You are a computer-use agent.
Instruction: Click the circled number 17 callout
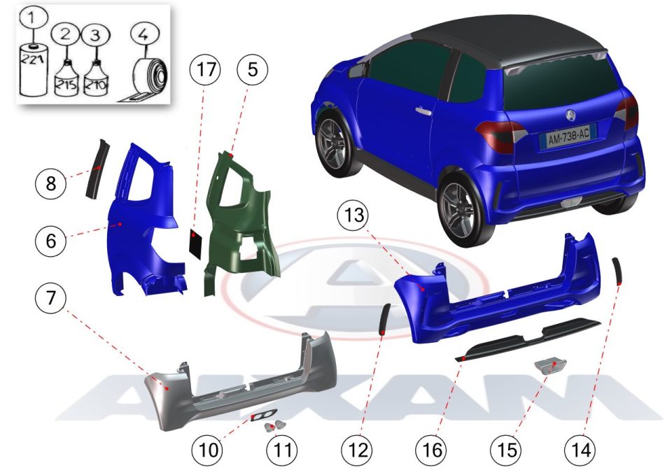206,69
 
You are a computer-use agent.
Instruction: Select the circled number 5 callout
253,69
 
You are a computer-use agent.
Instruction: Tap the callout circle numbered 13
353,215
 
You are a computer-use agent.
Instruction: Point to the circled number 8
50,183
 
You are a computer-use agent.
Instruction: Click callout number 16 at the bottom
432,450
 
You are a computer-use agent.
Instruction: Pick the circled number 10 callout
208,450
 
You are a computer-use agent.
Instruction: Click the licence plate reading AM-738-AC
568,137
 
